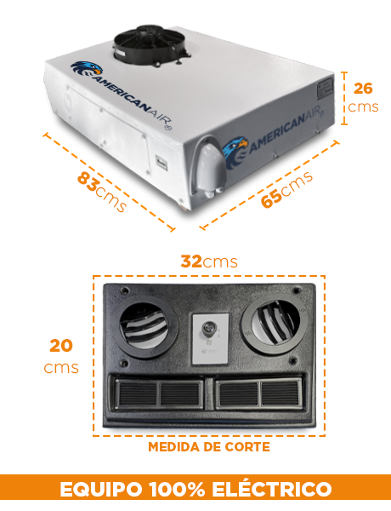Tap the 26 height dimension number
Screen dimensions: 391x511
click(x=363, y=89)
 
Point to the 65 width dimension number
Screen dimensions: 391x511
click(x=271, y=198)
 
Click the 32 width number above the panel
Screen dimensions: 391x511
click(x=191, y=261)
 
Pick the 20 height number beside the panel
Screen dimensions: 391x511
click(x=61, y=346)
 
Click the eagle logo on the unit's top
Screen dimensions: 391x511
click(x=87, y=69)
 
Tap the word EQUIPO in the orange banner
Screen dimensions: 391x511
click(x=101, y=489)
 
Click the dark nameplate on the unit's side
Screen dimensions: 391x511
click(x=326, y=88)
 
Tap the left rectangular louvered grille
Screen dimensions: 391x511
click(x=158, y=393)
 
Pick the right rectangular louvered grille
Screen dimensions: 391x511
click(x=258, y=393)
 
